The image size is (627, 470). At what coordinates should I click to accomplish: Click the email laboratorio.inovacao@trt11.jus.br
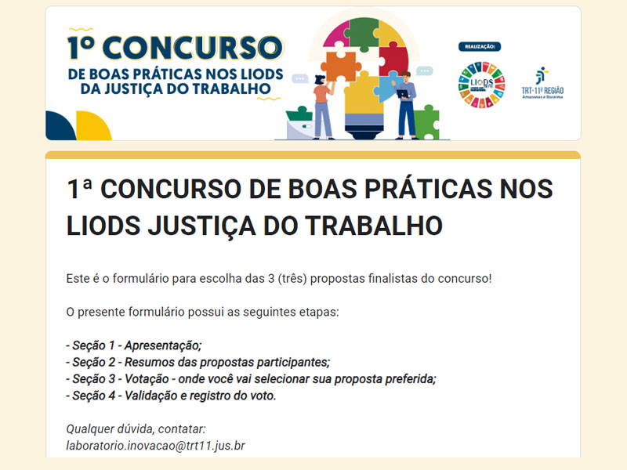[155, 446]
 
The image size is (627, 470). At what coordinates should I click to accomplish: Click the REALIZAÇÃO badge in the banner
[480, 47]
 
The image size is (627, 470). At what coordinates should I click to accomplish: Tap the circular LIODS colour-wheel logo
[481, 85]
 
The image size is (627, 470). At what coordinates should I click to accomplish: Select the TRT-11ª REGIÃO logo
[542, 83]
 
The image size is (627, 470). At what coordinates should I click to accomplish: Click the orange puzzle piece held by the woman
[341, 66]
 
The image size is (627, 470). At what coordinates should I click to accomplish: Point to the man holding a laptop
[406, 105]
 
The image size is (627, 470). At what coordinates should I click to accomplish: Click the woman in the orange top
[323, 107]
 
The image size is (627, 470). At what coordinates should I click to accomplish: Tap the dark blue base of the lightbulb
[364, 131]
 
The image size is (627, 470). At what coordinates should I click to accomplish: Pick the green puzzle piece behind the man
[427, 122]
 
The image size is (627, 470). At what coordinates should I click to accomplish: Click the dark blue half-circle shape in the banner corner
[60, 127]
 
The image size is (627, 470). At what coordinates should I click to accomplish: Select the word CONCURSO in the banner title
[192, 48]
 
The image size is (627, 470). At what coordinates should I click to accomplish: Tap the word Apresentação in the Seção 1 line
[163, 345]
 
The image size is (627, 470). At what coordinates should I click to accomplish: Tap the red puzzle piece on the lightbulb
[393, 61]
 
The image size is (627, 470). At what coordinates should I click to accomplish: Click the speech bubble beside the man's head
[424, 71]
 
